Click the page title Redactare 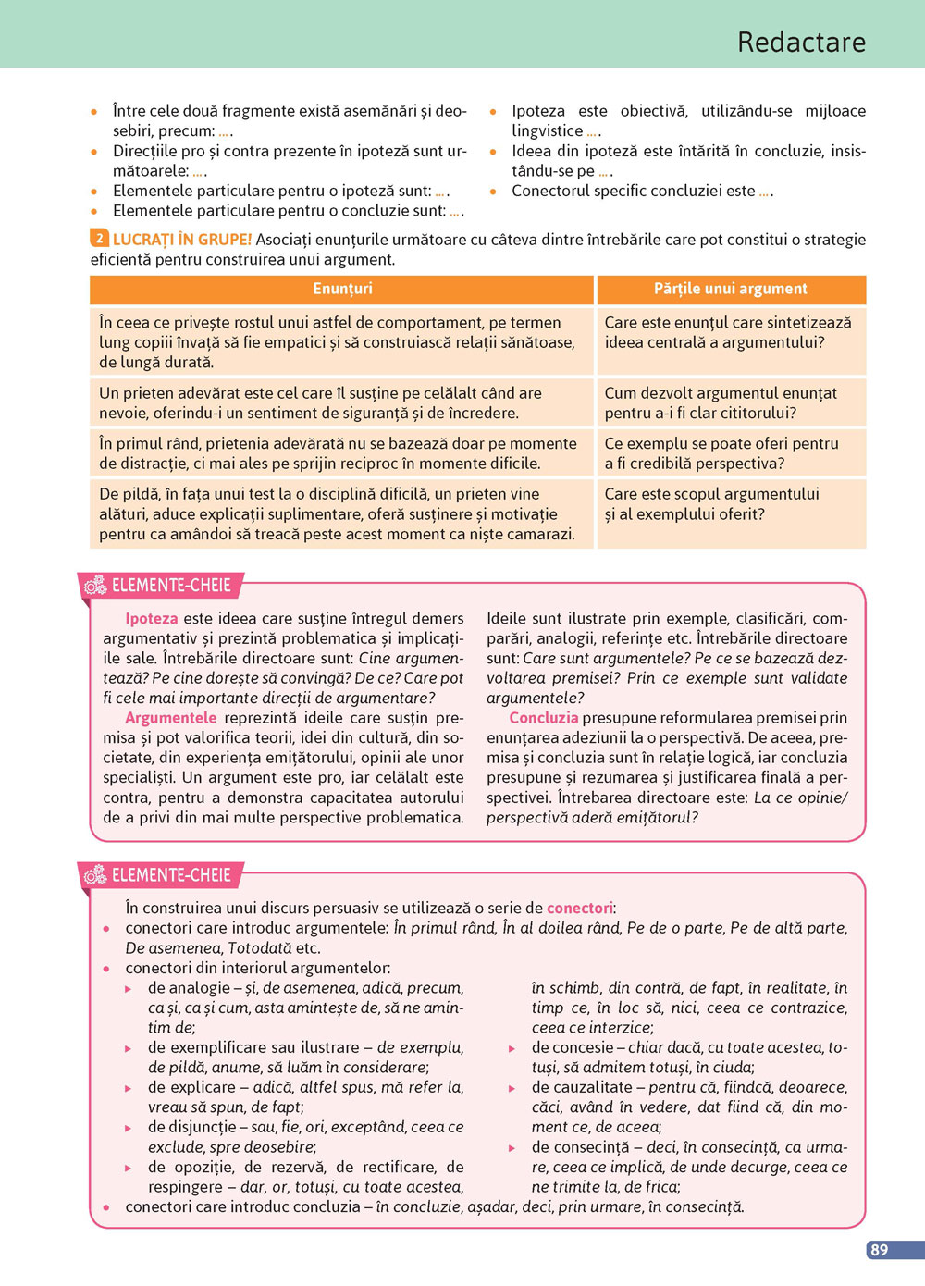click(801, 42)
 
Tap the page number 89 click(879, 1249)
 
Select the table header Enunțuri click(342, 289)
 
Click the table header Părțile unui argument click(731, 289)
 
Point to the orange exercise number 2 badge click(99, 239)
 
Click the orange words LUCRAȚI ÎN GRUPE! click(182, 240)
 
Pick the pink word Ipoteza click(152, 618)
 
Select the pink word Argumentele click(171, 718)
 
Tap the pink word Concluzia click(544, 718)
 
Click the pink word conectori click(580, 908)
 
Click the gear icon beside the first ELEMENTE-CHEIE click(95, 585)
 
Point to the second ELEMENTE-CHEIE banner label click(171, 874)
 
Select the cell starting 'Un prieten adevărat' click(341, 402)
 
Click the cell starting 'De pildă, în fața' click(341, 513)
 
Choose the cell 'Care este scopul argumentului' click(731, 504)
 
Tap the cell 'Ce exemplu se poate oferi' click(731, 453)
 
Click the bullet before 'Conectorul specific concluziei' click(494, 192)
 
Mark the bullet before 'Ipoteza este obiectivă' click(494, 112)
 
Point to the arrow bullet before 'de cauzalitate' click(512, 1088)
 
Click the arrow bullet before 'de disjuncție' click(129, 1129)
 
